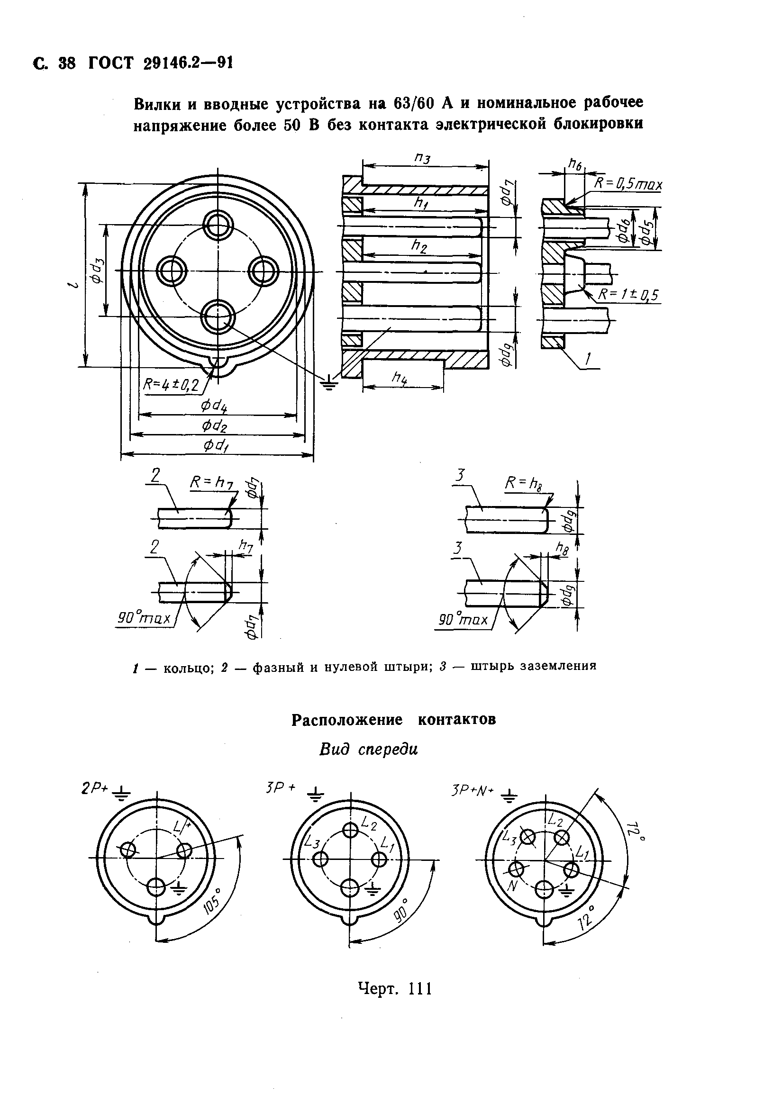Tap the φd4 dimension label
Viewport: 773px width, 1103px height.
click(214, 406)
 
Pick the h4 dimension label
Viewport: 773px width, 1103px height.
click(400, 378)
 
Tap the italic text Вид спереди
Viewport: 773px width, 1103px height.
click(368, 750)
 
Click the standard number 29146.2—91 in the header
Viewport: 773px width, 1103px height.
click(188, 63)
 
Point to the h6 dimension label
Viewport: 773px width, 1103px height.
click(574, 165)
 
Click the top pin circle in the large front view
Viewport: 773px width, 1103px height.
click(218, 225)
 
